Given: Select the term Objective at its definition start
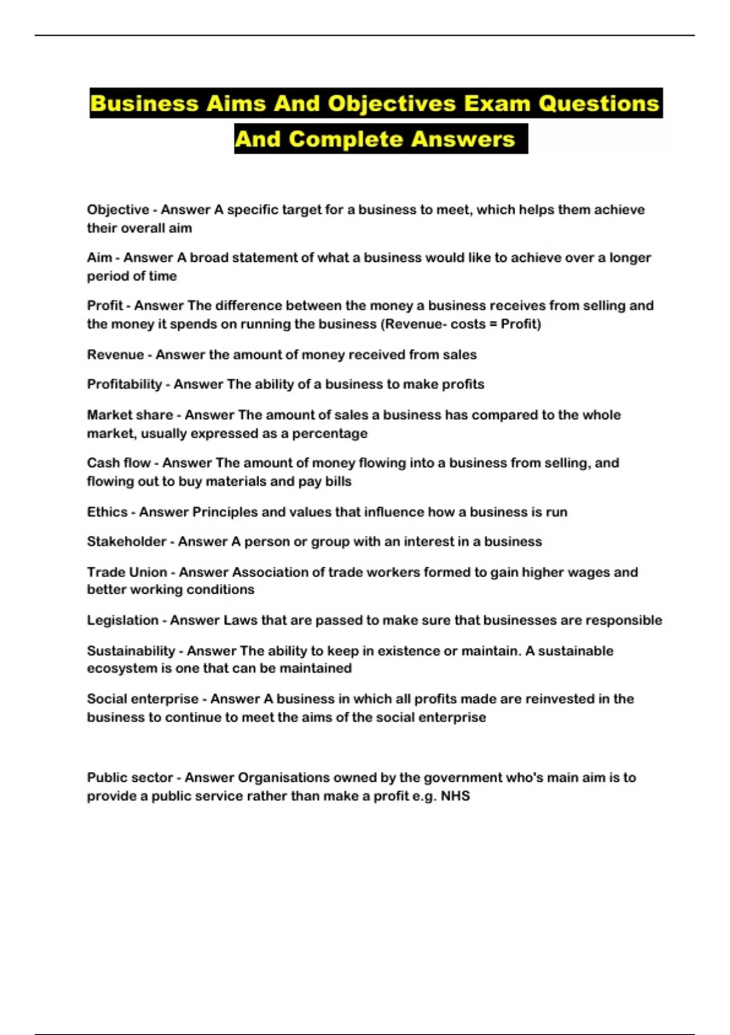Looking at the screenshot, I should [118, 210].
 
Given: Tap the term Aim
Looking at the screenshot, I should [99, 258].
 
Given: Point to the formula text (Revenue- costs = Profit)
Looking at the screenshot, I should [461, 324].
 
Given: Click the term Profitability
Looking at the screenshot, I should [124, 384].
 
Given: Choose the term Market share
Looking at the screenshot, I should [130, 415].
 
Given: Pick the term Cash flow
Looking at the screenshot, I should [119, 463].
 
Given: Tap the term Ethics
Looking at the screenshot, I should [107, 512].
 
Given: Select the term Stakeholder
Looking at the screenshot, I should [127, 541].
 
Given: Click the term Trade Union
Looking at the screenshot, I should [127, 572].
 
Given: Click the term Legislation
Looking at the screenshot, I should [122, 620].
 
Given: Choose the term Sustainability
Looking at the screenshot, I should [131, 651].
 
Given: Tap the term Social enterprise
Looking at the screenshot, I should [142, 699].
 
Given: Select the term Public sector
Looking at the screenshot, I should [130, 777].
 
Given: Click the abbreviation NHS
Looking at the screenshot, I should [455, 796].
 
